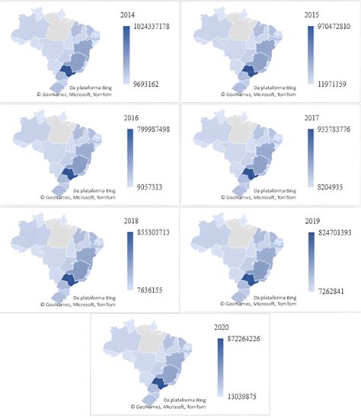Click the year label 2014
tap(129, 14)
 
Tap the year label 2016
tap(129, 120)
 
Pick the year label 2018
tap(129, 223)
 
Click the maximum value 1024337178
tap(152, 27)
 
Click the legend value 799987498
tap(153, 129)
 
